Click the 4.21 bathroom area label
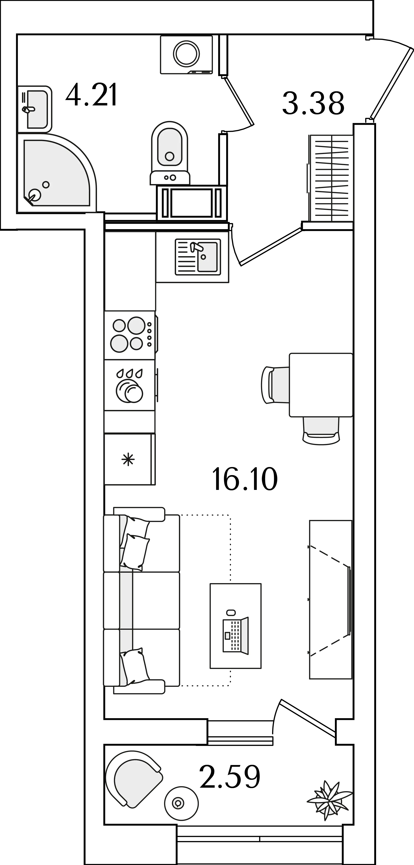pyautogui.click(x=91, y=95)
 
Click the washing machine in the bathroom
pyautogui.click(x=186, y=54)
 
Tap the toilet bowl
pyautogui.click(x=170, y=153)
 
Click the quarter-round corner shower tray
pyautogui.click(x=57, y=173)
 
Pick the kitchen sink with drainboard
pyautogui.click(x=198, y=257)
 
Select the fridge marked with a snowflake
pyautogui.click(x=130, y=459)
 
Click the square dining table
pyautogui.click(x=321, y=385)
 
